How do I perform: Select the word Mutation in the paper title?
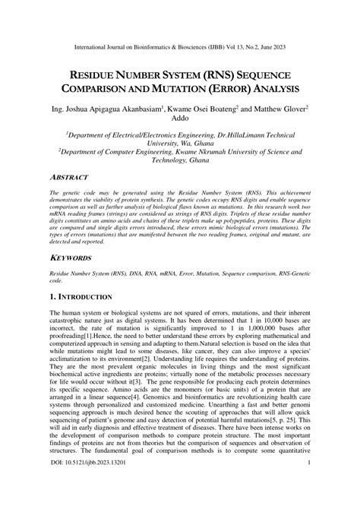(x=196, y=89)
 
